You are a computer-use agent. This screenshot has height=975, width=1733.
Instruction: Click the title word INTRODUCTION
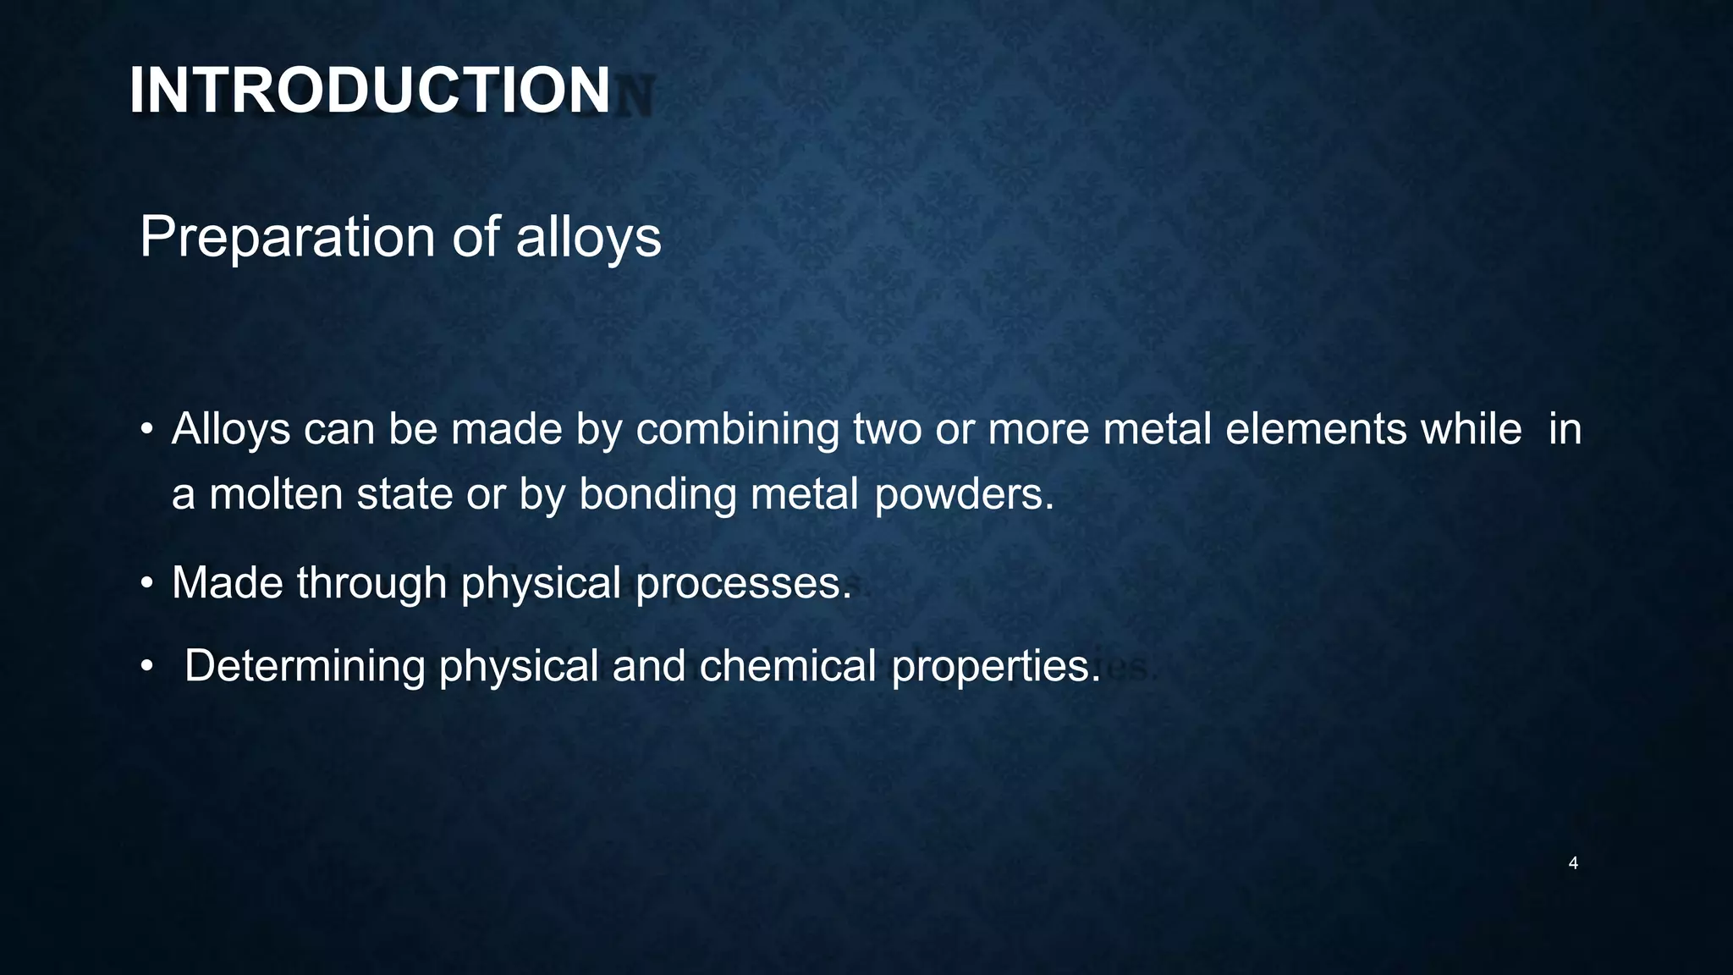[x=369, y=91]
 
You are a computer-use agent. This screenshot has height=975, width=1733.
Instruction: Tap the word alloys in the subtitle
[x=588, y=237]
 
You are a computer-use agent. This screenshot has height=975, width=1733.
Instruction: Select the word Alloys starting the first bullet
[x=231, y=429]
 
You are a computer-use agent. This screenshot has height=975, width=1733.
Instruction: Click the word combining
[x=737, y=429]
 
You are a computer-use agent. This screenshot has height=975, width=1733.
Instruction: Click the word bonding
[x=657, y=494]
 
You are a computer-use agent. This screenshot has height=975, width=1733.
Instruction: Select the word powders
[x=964, y=494]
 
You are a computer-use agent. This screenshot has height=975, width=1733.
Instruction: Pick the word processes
[x=743, y=583]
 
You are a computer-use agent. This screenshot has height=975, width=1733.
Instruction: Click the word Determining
[x=305, y=666]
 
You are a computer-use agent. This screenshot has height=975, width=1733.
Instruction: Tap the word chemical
[x=787, y=666]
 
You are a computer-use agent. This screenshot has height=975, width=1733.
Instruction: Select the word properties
[x=996, y=666]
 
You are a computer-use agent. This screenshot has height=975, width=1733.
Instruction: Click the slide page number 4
[x=1573, y=863]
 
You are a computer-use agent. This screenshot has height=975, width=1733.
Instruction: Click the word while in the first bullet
[x=1471, y=429]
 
